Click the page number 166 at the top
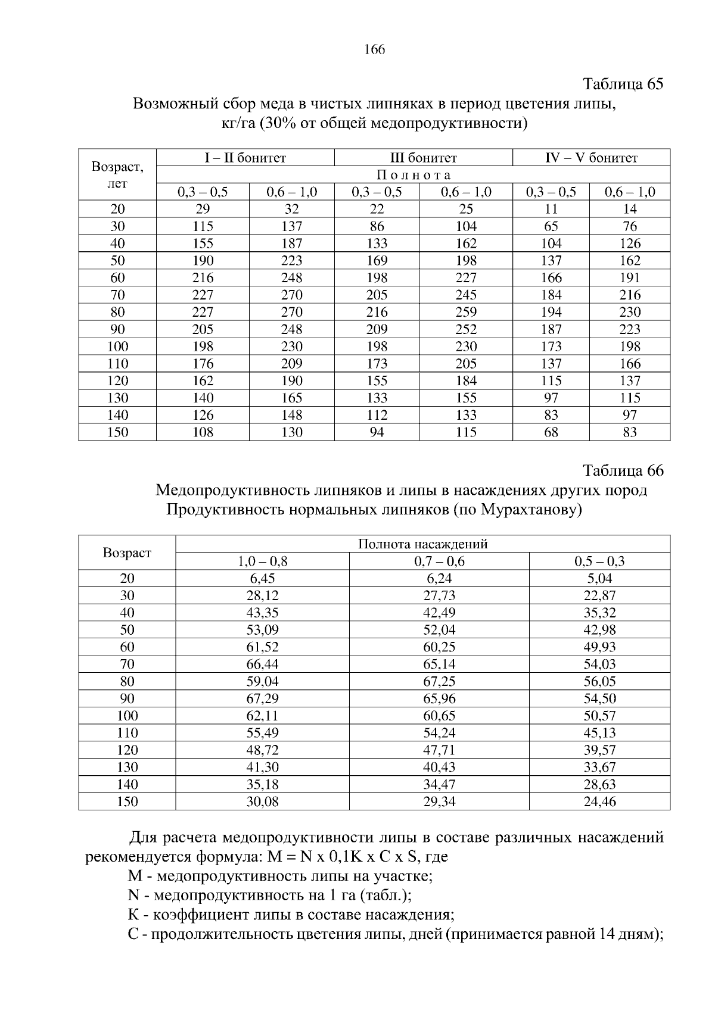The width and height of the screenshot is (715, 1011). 374,49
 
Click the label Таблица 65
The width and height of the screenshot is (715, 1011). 623,84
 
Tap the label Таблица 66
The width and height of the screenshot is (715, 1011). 623,470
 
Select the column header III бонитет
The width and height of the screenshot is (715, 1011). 423,158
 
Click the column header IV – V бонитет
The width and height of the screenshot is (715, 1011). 591,158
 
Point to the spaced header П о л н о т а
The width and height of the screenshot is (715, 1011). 413,175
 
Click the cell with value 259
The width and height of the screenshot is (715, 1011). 466,312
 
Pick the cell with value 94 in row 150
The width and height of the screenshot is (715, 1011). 377,432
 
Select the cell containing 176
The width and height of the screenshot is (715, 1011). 203,364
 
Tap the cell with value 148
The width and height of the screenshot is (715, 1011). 291,415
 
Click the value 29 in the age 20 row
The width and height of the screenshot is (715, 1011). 203,209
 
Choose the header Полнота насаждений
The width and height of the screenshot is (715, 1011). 422,544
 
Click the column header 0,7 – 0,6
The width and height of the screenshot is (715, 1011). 439,561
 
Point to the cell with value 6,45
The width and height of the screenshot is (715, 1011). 262,579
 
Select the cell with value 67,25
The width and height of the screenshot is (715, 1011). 439,682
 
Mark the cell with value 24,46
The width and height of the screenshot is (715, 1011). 599,802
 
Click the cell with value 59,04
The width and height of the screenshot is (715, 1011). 262,682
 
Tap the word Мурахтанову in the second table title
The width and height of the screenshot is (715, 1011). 530,510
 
